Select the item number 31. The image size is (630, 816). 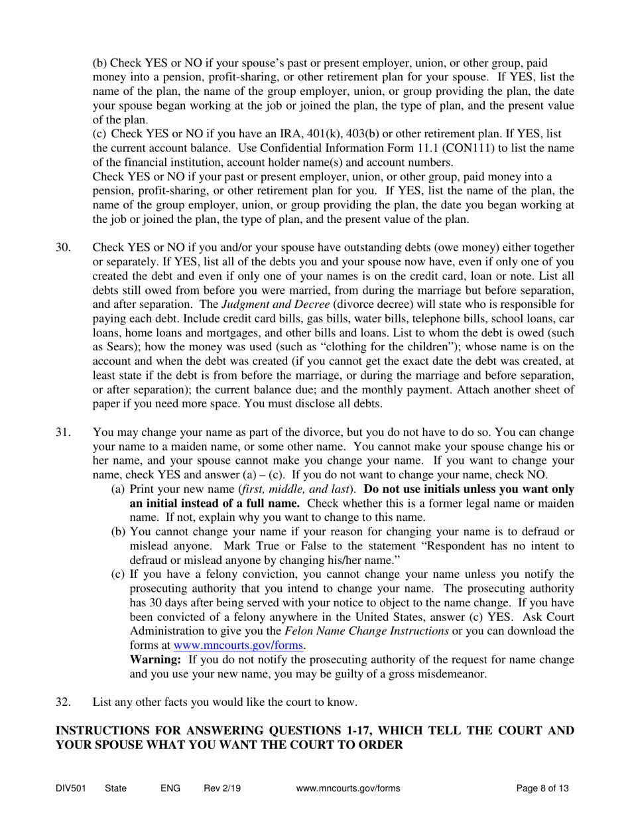click(x=62, y=432)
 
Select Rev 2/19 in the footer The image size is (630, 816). click(x=222, y=789)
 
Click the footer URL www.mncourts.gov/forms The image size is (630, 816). click(x=348, y=789)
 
